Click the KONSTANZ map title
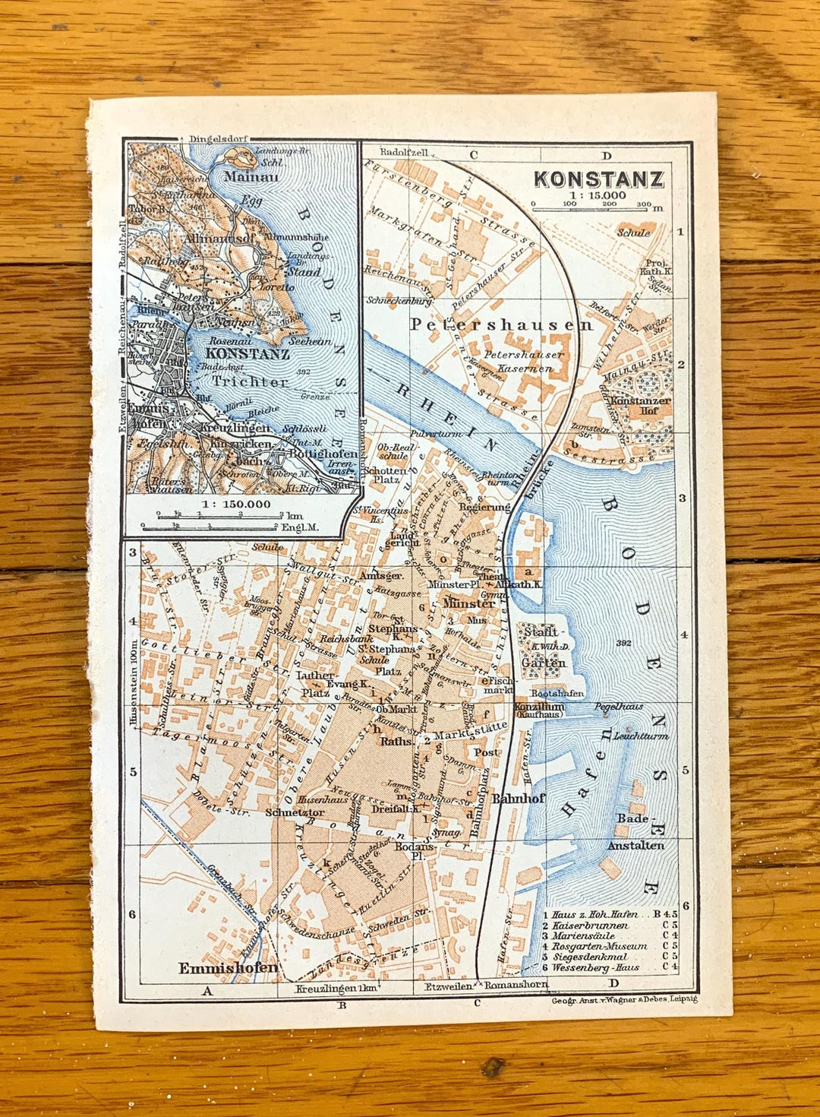point(598,179)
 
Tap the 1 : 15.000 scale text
point(598,195)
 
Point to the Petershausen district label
point(501,324)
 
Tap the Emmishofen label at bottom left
point(228,968)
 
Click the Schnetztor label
point(295,812)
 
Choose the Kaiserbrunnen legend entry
point(590,926)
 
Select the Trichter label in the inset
point(250,382)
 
